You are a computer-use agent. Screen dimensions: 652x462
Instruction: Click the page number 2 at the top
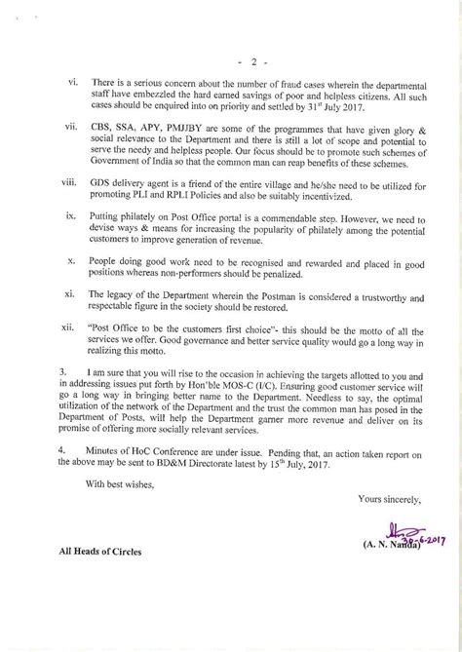tap(232, 39)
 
